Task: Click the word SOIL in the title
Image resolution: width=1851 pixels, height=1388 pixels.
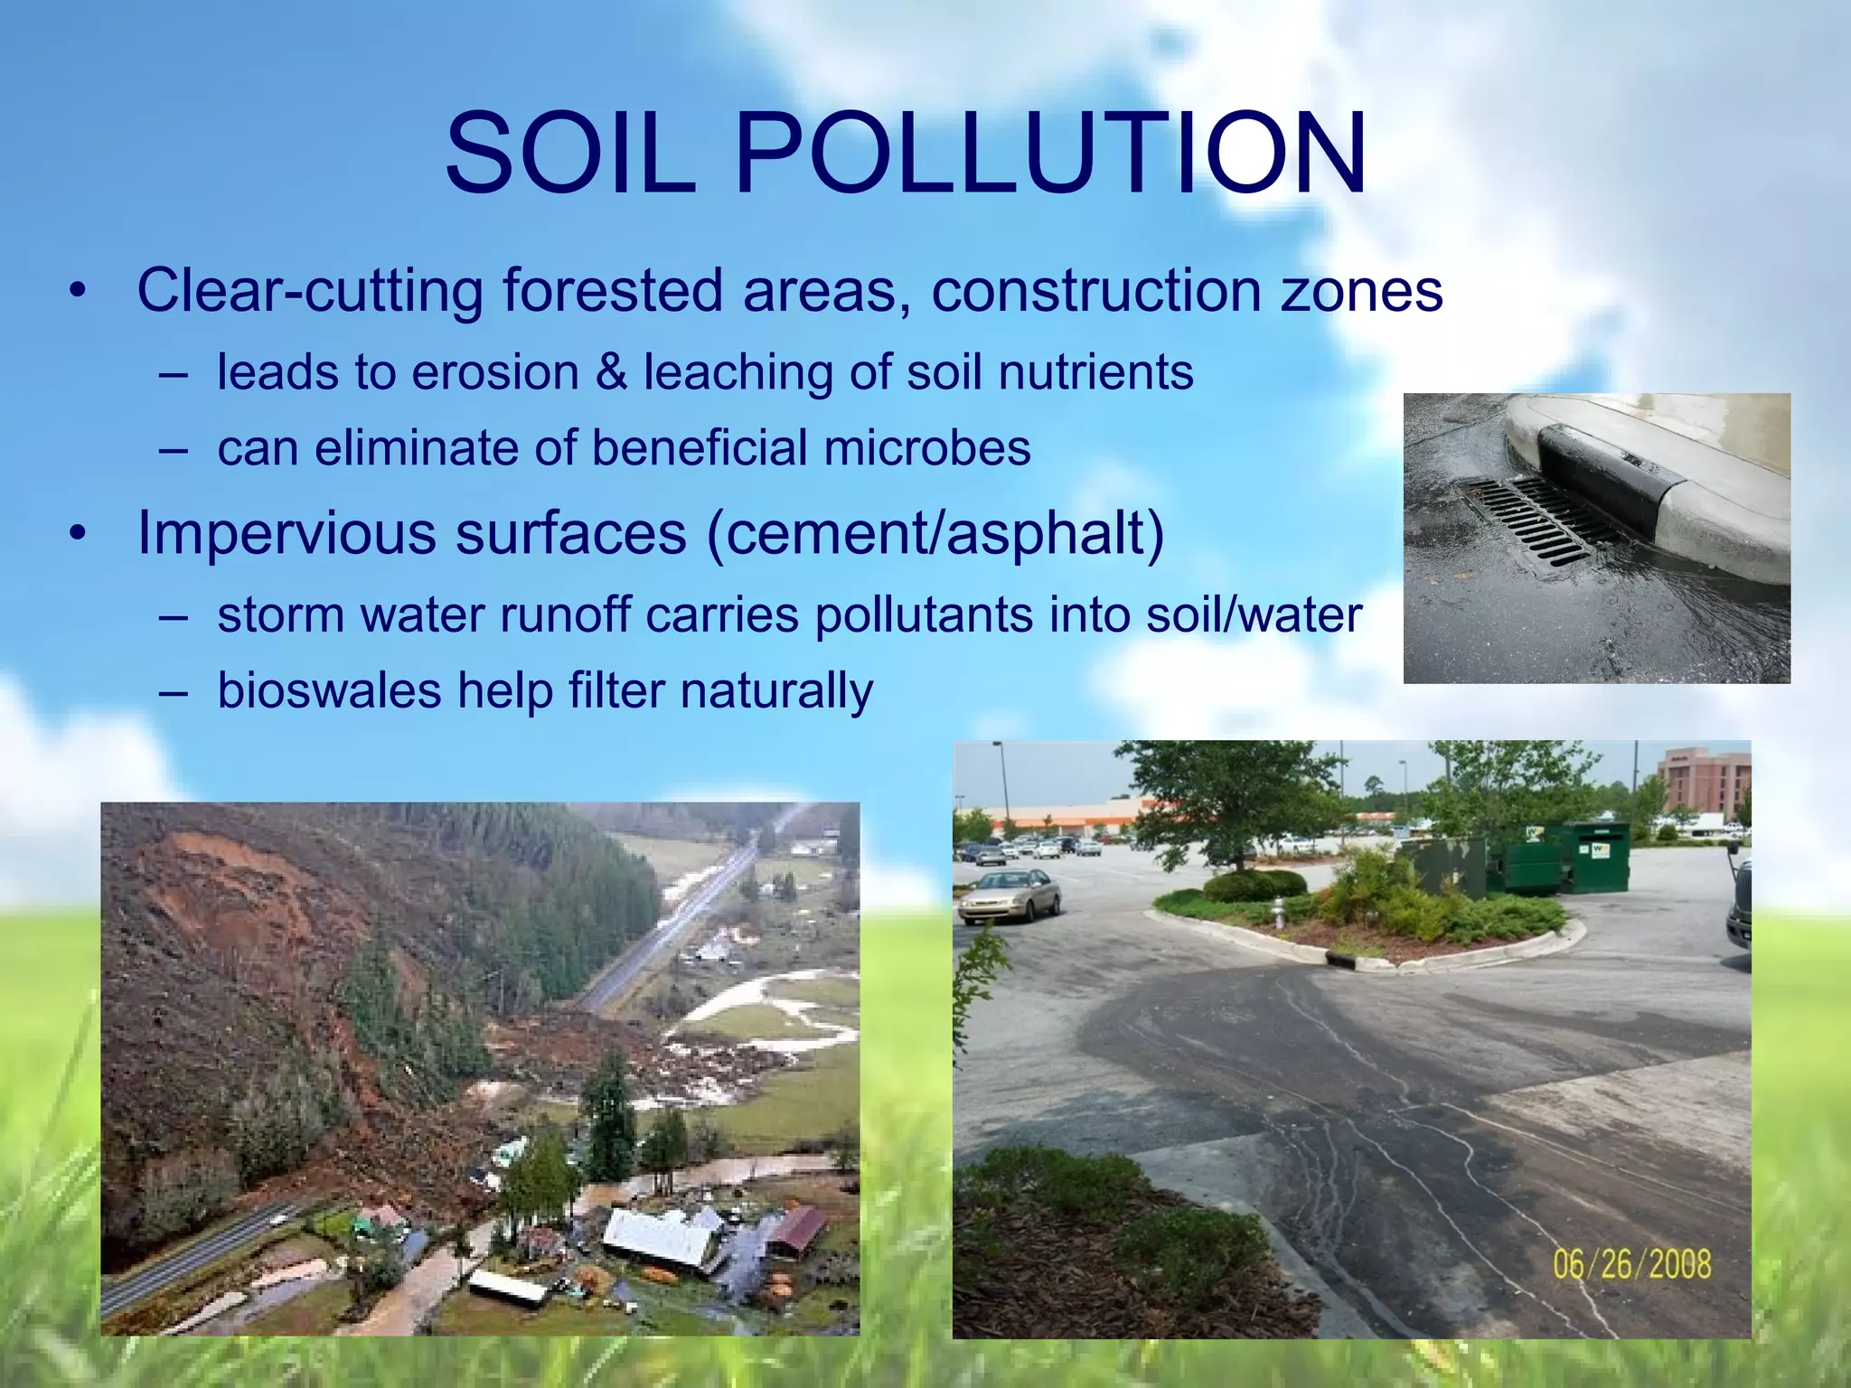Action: click(x=570, y=154)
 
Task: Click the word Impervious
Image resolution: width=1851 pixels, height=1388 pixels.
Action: click(x=287, y=533)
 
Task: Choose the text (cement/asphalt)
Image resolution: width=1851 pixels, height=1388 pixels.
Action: click(x=935, y=533)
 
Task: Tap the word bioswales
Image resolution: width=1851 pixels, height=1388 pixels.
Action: click(x=329, y=691)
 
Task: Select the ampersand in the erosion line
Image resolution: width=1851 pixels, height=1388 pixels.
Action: click(x=611, y=372)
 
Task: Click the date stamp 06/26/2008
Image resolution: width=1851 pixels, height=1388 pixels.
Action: click(x=1631, y=1264)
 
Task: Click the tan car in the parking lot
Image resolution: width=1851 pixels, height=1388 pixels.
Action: click(x=1008, y=895)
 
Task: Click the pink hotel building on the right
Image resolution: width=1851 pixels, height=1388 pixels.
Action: click(x=1704, y=782)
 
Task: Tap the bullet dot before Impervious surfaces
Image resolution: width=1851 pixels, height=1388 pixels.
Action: click(x=79, y=535)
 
